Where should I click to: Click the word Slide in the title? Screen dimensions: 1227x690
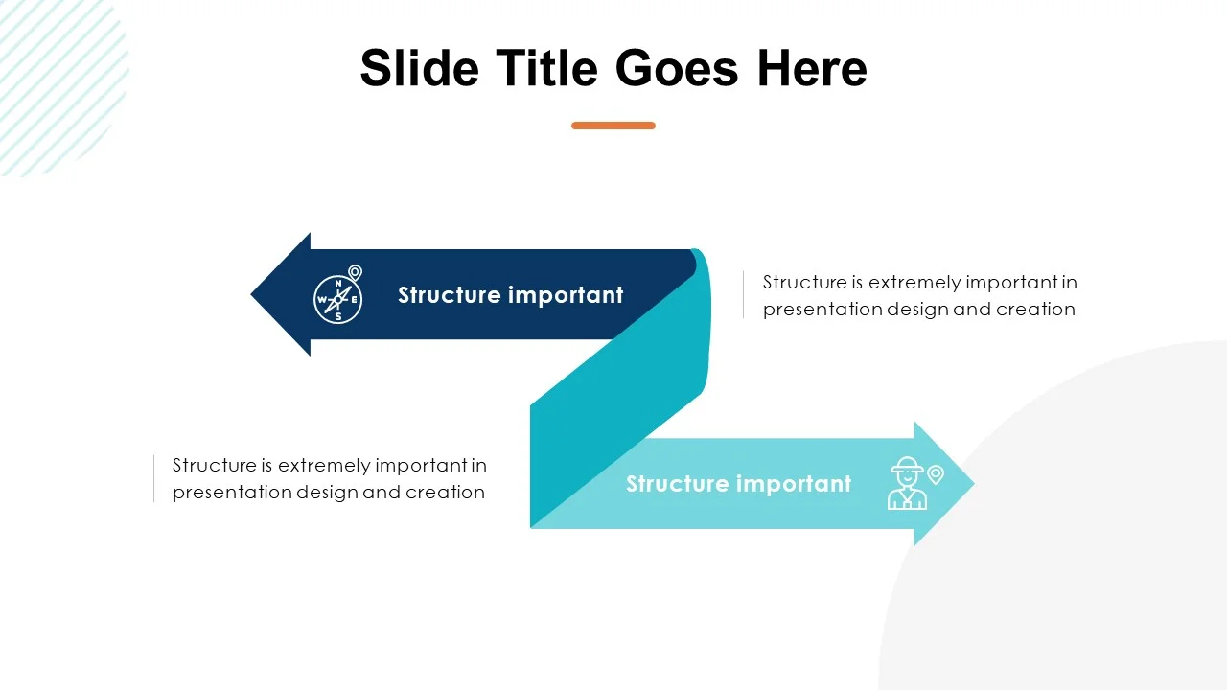tap(419, 68)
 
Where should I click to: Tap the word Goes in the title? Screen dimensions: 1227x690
tap(677, 68)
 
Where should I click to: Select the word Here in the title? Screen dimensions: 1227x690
tap(812, 68)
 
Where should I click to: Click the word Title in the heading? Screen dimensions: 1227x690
tap(546, 68)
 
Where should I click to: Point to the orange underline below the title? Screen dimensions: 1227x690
tap(613, 126)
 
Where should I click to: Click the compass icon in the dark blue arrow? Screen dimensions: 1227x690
tap(337, 299)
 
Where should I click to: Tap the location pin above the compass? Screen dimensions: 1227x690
tap(355, 272)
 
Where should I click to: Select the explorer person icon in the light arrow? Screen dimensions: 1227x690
tap(907, 484)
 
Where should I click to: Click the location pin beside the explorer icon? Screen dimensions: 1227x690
tap(936, 474)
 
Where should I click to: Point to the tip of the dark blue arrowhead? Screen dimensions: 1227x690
tap(251, 294)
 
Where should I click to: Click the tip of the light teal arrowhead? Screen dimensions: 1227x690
tap(975, 484)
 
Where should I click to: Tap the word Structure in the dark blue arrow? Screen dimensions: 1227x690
tap(450, 294)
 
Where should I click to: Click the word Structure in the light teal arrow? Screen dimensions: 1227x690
tap(678, 484)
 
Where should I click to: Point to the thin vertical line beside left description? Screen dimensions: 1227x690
tap(154, 478)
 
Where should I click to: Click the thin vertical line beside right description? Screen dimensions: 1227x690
tap(743, 294)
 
